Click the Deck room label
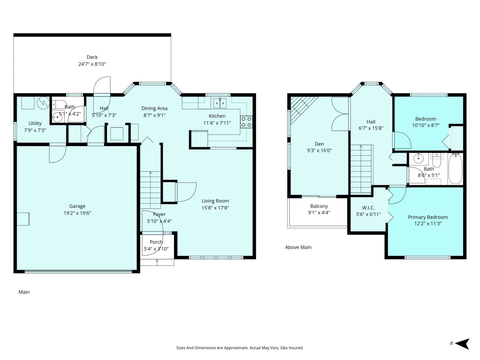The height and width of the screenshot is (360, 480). [x=92, y=57]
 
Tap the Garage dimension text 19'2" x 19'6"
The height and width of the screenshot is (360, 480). [x=77, y=213]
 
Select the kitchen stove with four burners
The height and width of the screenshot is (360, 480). [x=246, y=122]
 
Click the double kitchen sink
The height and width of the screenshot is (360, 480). [x=220, y=103]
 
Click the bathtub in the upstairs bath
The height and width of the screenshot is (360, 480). [x=455, y=169]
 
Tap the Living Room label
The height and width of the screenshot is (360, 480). [x=215, y=201]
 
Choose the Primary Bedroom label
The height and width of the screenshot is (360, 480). [x=428, y=217]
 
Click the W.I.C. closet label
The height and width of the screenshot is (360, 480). [x=368, y=208]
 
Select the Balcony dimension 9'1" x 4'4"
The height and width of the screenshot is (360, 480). [x=319, y=212]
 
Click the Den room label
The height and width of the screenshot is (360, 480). [x=319, y=144]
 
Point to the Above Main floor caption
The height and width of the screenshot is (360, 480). [x=298, y=247]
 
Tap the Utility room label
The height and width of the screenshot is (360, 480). [x=35, y=123]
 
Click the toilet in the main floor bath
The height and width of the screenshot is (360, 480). [x=60, y=104]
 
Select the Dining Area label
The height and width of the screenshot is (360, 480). [x=154, y=108]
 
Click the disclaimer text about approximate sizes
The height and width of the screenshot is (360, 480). [x=240, y=348]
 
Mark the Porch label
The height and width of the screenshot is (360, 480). [x=156, y=242]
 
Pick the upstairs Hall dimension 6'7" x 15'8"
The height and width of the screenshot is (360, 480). [x=371, y=128]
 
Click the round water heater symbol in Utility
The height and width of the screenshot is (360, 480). [x=43, y=102]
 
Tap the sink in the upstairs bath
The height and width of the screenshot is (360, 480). [x=418, y=159]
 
